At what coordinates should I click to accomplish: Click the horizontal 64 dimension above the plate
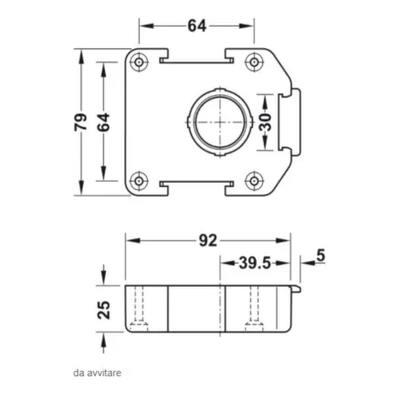tap(195, 26)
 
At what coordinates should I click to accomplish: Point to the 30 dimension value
tap(266, 121)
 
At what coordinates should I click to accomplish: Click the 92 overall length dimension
tap(207, 241)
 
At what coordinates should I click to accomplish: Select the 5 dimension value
tap(321, 256)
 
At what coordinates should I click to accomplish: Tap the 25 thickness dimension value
tap(103, 308)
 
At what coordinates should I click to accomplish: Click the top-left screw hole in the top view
tap(139, 62)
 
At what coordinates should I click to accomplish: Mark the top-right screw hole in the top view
tap(255, 62)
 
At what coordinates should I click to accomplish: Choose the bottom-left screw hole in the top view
tap(139, 179)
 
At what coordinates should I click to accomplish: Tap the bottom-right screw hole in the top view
tap(255, 179)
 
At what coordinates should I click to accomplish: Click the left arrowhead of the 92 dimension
tap(131, 241)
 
